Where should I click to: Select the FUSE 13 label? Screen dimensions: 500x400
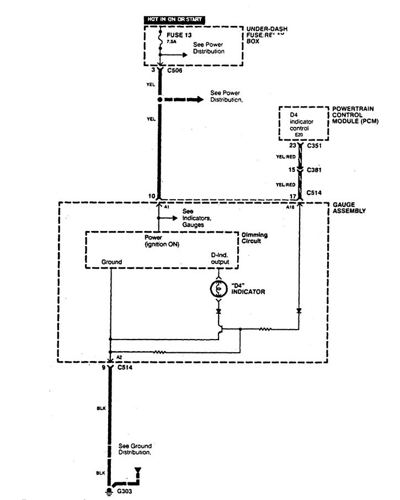178,34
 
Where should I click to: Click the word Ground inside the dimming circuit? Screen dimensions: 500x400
111,262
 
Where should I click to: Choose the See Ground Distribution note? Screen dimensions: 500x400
135,448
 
